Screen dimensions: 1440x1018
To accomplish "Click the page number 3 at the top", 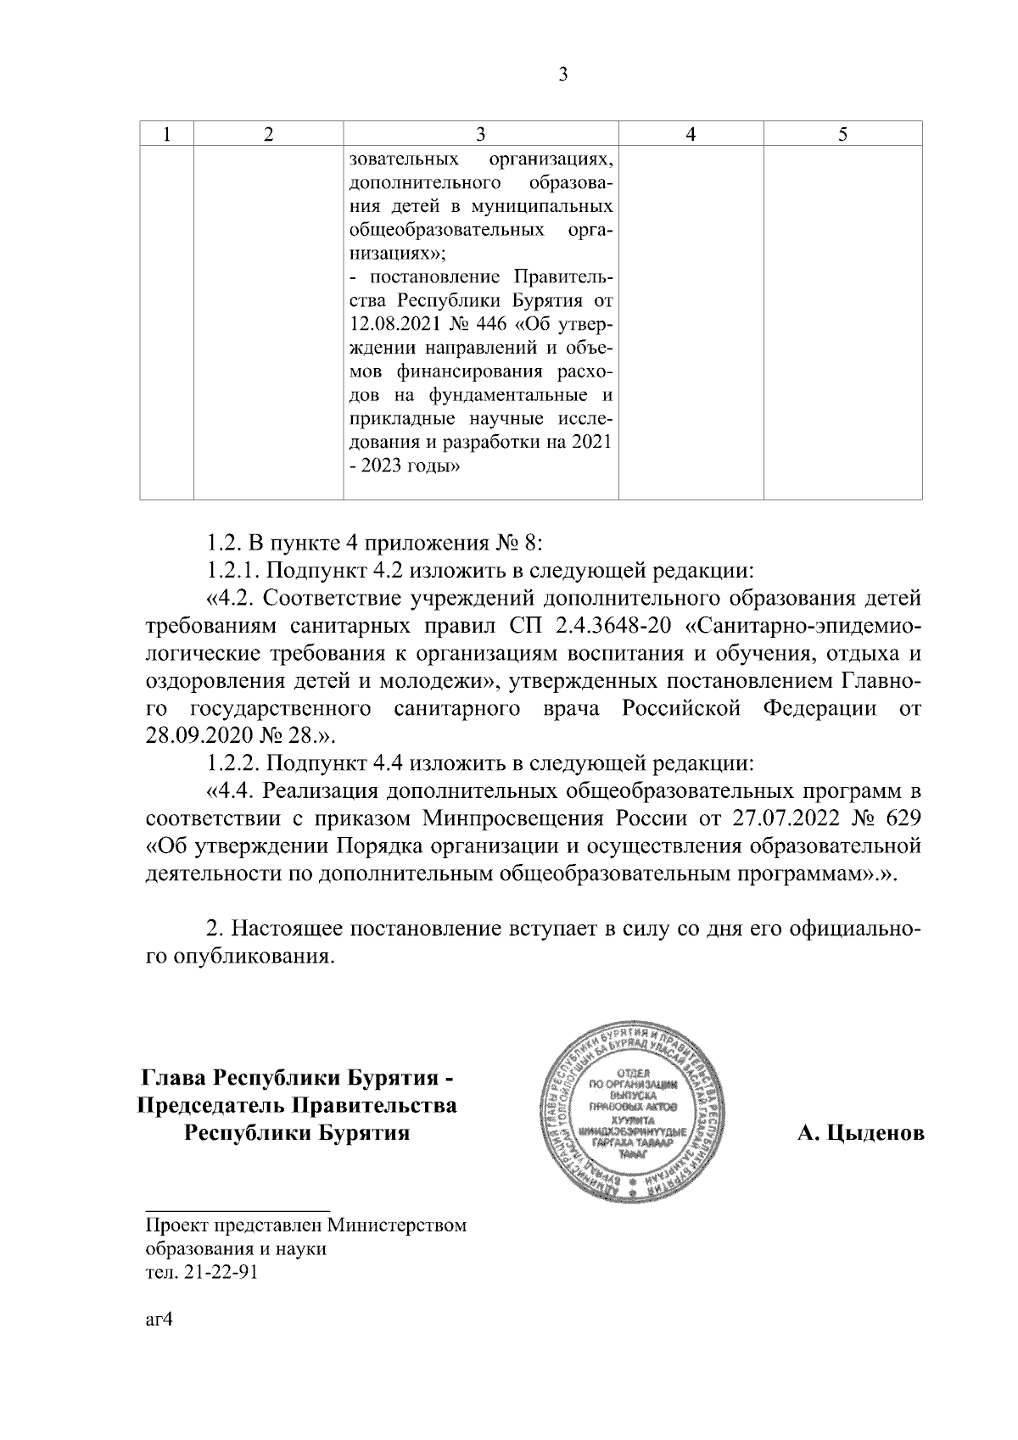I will [562, 75].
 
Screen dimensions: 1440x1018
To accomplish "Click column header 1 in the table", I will [167, 134].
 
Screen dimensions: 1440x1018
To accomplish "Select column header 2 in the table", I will [268, 134].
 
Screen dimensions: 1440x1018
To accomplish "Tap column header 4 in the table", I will [691, 134].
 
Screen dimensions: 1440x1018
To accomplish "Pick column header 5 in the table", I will [842, 134].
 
